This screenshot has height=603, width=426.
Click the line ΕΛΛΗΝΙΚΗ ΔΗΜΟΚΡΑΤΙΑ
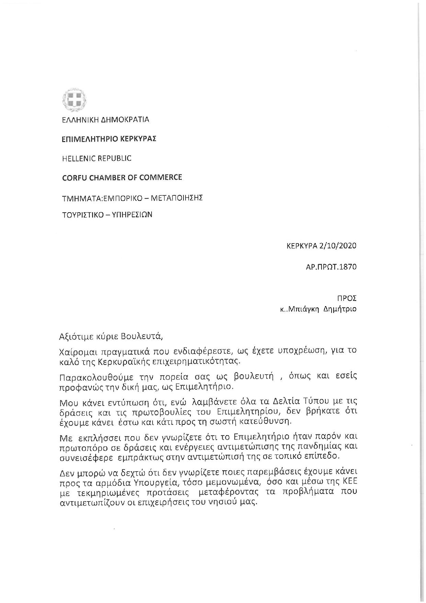pyautogui.click(x=105, y=120)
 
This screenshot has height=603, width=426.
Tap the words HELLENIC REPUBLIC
pyautogui.click(x=97, y=159)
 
